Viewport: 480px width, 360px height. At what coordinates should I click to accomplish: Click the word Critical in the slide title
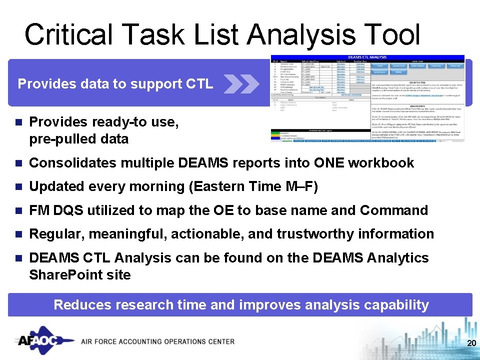coord(70,35)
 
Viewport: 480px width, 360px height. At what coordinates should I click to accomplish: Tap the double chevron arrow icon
coord(241,84)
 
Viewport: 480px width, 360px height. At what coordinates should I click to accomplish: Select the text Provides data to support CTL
coord(115,84)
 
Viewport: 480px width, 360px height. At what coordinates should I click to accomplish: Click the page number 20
coord(470,343)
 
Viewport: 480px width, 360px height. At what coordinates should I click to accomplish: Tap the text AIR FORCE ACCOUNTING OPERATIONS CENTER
coord(157,341)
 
